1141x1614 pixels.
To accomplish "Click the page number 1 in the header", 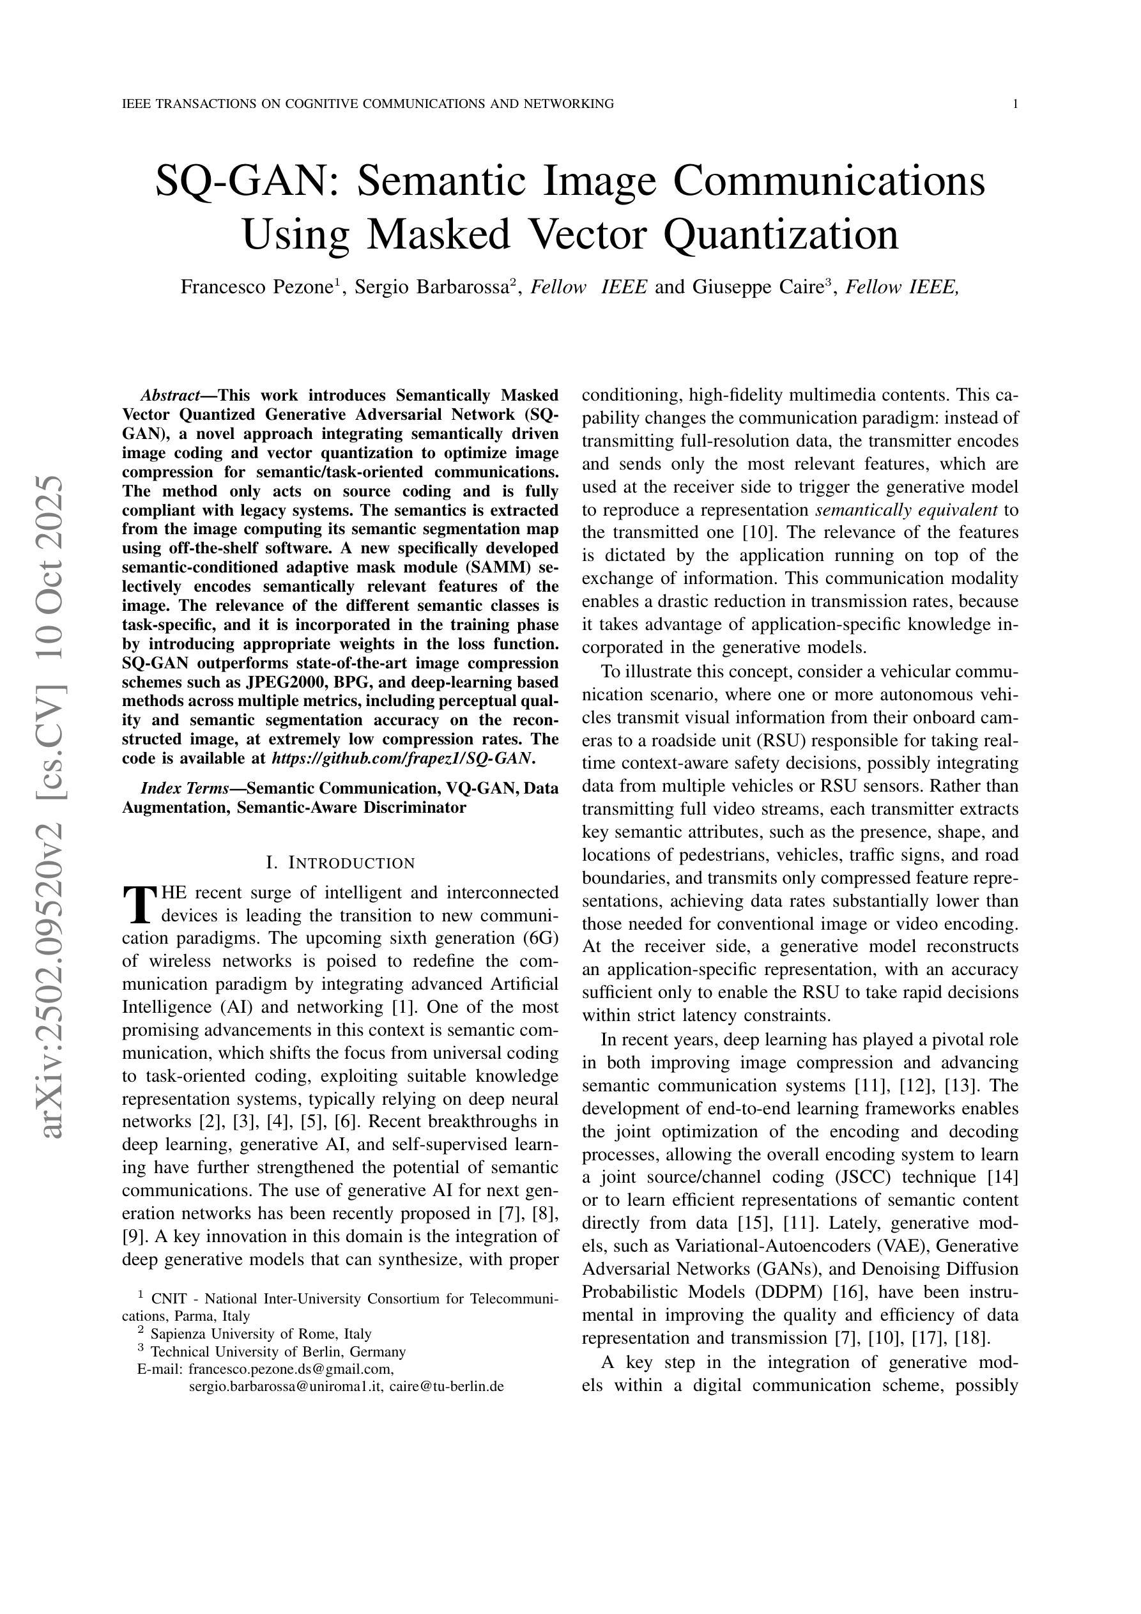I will (1015, 104).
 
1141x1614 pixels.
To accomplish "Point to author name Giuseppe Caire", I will (757, 287).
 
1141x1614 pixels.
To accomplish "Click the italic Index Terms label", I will (180, 788).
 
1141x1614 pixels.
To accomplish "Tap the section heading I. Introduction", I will (341, 863).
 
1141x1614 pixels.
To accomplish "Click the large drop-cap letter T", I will (139, 905).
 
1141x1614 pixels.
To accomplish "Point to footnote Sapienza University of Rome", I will (261, 1333).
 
